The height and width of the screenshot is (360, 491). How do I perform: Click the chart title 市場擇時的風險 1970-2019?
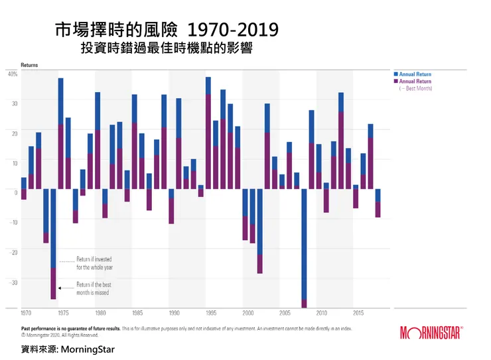tap(166, 30)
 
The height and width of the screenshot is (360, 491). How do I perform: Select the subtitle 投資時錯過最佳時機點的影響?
tap(166, 48)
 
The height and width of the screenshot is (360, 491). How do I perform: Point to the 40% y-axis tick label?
tap(13, 74)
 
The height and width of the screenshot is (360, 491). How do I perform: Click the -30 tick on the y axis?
tap(13, 282)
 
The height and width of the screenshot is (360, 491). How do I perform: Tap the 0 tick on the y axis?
tap(15, 192)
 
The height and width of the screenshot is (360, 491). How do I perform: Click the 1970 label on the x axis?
tap(26, 313)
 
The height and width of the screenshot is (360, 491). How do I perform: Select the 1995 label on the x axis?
tap(211, 313)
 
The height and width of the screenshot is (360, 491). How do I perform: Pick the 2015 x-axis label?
tap(358, 313)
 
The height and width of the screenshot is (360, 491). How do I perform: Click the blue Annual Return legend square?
tap(396, 74)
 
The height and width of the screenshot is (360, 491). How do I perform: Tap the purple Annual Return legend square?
tap(396, 82)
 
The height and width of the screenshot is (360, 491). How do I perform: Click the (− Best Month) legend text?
tap(415, 88)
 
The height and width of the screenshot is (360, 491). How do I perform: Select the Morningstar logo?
tap(431, 332)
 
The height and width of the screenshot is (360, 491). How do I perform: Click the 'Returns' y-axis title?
tap(29, 66)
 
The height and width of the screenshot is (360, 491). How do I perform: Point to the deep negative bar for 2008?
tap(305, 245)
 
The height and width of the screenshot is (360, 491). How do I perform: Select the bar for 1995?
tap(208, 133)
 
